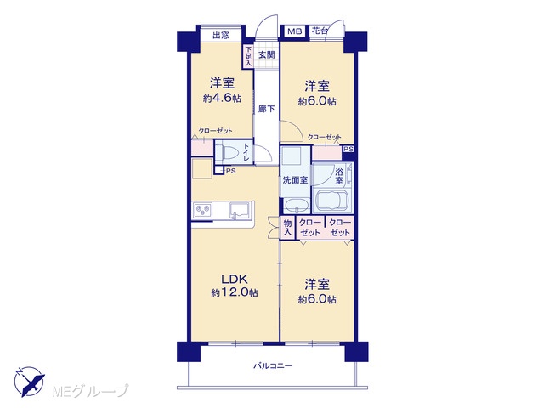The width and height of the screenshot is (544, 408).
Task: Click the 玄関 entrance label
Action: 267,54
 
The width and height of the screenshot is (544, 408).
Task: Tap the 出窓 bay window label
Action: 221,36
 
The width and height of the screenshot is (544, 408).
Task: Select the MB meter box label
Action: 295,31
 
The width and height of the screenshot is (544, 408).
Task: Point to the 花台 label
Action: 320,31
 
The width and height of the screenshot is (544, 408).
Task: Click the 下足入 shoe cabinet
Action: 247,57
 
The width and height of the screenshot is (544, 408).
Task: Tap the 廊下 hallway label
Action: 266,109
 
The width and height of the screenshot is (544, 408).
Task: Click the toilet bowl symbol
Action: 224,152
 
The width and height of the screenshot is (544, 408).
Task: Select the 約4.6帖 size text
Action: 222,99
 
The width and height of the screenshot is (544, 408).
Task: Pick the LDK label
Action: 235,279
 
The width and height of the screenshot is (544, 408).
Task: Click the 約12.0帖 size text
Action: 235,292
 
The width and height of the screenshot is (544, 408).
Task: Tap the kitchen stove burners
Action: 202,210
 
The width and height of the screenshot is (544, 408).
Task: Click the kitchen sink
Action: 240,210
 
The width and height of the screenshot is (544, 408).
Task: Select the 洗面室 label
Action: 295,180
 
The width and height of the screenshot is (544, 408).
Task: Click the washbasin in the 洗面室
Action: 297,206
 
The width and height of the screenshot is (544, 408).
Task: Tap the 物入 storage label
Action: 287,228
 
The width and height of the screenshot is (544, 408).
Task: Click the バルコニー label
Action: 273,365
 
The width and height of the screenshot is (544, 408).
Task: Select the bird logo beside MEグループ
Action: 29,381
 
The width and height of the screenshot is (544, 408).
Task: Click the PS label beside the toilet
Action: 231,171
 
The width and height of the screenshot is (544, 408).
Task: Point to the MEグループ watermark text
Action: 90,391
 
